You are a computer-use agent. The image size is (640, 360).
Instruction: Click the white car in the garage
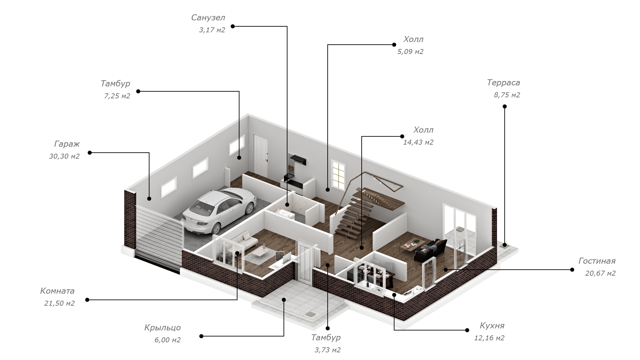coord(219,210)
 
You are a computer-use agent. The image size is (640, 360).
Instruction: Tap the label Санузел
coord(208,18)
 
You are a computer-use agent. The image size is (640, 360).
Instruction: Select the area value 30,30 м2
coord(64,156)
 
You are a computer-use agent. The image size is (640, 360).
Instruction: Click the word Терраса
coord(503,82)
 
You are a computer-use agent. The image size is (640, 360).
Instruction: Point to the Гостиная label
coord(597,261)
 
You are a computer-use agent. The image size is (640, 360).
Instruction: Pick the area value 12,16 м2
coord(489,338)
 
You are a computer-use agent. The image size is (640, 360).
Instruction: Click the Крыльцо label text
coord(163,328)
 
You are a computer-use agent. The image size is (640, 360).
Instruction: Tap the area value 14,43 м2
coord(418,142)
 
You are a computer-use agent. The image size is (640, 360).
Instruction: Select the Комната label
coord(57,291)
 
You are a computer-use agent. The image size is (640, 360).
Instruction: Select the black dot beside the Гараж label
coord(90,153)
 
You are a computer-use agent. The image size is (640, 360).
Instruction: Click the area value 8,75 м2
coord(507,95)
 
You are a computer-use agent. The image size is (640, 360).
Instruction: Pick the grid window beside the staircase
coord(338,174)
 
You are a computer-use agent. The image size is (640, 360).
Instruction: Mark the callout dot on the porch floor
coord(284,300)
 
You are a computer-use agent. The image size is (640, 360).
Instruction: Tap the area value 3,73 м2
coord(327,350)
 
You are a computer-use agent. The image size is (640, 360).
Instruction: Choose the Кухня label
coord(492,325)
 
